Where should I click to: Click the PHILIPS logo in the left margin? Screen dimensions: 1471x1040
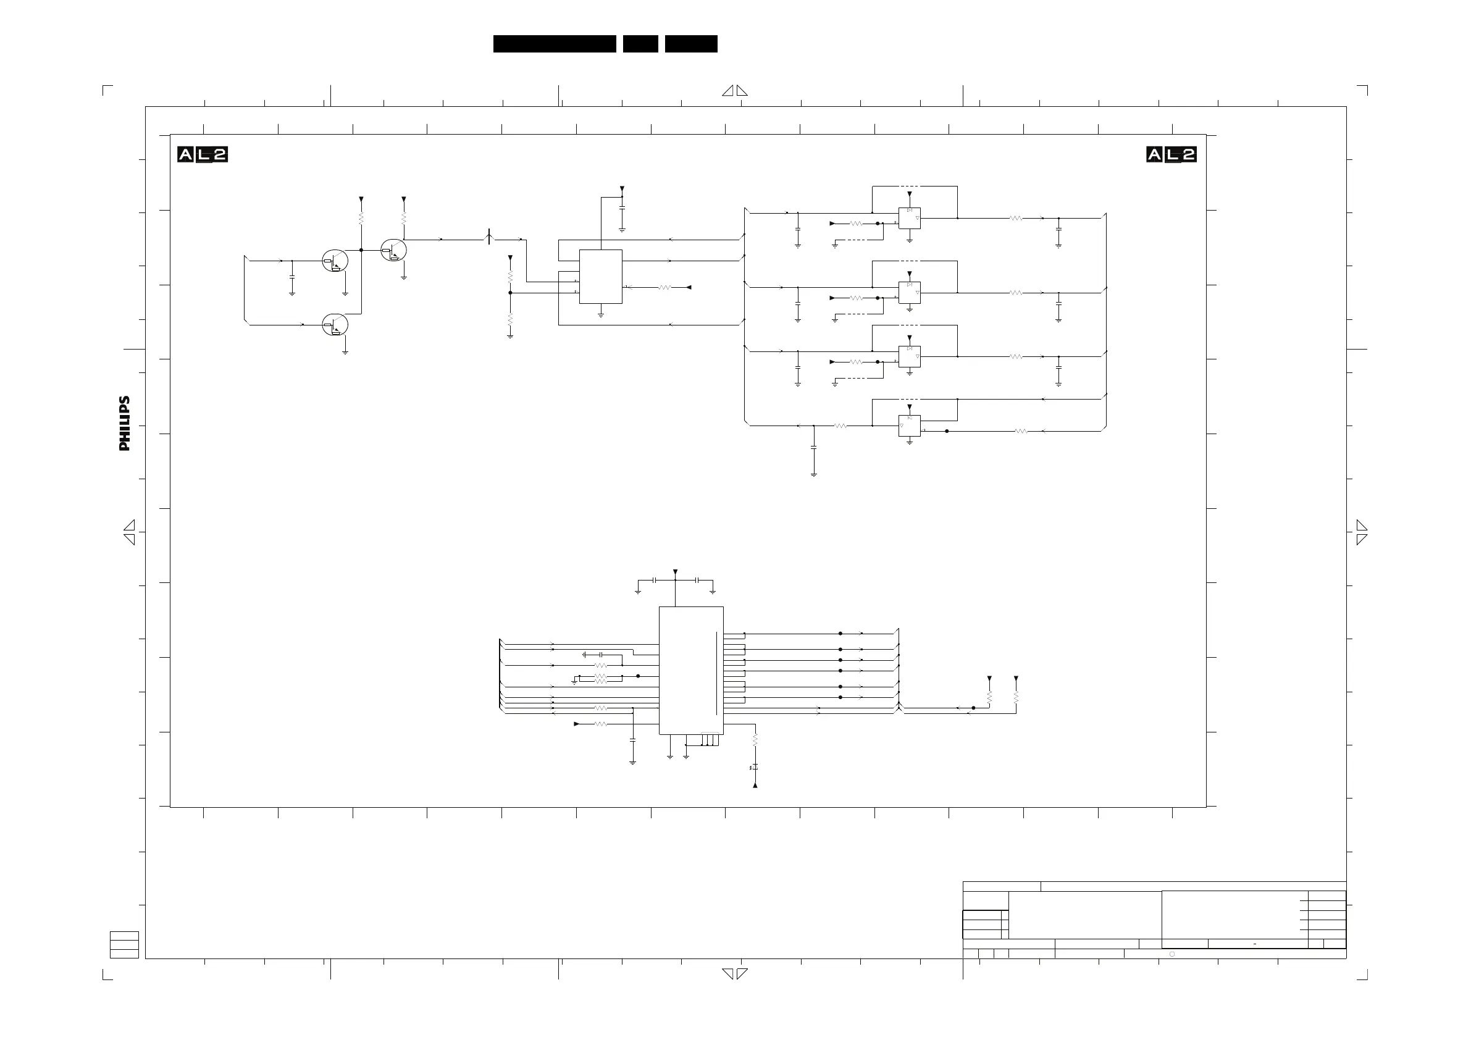[x=124, y=423]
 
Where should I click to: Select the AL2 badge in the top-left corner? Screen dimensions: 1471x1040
[x=203, y=154]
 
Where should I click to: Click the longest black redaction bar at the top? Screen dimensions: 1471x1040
[x=554, y=44]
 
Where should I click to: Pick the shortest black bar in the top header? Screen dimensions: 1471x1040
[x=640, y=44]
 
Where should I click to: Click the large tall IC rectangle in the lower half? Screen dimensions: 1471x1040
[x=690, y=670]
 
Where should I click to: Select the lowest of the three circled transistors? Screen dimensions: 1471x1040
[x=335, y=325]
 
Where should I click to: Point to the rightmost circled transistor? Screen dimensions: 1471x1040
[x=394, y=250]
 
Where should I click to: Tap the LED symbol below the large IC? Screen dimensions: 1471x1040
[x=755, y=767]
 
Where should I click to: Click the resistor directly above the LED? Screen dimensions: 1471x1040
[x=755, y=740]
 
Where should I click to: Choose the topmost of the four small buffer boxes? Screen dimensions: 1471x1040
[x=909, y=218]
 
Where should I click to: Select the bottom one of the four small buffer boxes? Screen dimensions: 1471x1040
[x=909, y=426]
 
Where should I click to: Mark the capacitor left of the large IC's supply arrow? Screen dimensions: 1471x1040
[x=654, y=580]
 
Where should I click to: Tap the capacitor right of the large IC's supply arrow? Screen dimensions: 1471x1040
[x=697, y=580]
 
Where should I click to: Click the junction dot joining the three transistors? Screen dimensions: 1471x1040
[x=361, y=250]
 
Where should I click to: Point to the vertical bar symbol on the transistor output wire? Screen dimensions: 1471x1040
[x=490, y=237]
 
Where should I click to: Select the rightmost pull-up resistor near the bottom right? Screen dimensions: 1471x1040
[x=1016, y=697]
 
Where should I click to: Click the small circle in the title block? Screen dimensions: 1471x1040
[x=1172, y=954]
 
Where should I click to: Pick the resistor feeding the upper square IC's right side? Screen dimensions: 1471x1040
[x=664, y=288]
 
